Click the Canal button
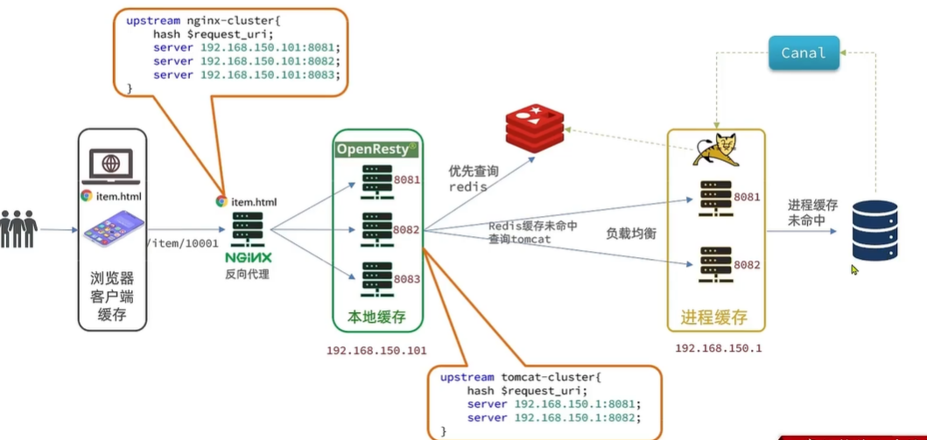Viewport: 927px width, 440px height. [x=804, y=53]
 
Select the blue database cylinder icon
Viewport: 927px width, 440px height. [x=874, y=230]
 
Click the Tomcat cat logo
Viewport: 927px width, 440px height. [x=715, y=150]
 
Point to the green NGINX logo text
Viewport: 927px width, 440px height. [x=249, y=258]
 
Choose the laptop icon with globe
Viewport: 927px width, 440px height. [x=110, y=165]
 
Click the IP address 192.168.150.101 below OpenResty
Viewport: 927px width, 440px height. [x=376, y=351]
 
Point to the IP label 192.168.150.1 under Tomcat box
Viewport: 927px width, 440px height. [x=719, y=348]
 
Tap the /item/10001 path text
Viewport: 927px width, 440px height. [x=181, y=243]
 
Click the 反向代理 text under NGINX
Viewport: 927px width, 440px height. [x=248, y=275]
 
